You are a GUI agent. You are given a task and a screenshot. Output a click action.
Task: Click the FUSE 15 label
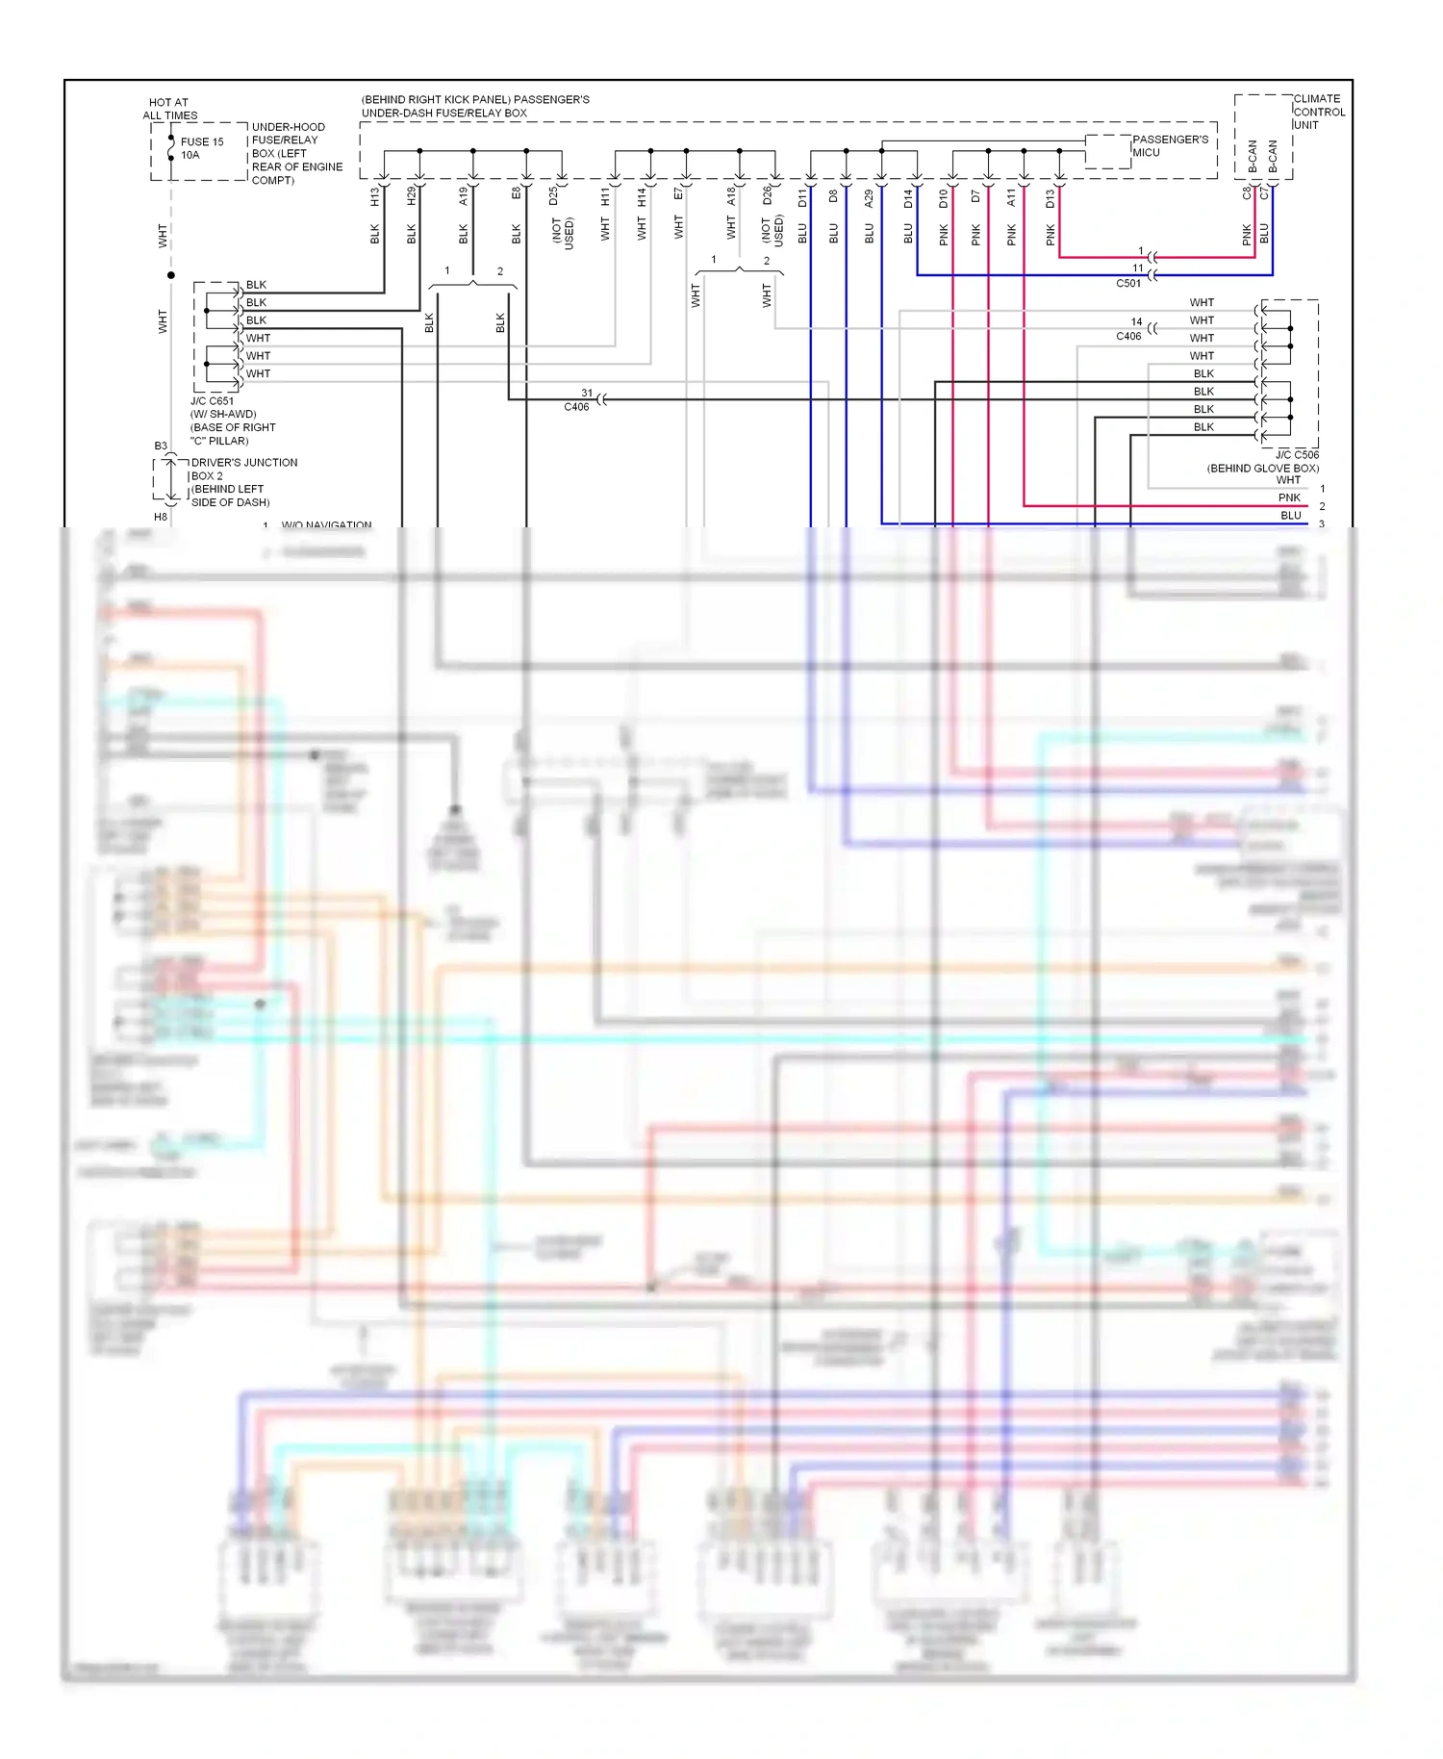[202, 141]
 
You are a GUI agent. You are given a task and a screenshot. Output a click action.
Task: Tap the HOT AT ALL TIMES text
[169, 109]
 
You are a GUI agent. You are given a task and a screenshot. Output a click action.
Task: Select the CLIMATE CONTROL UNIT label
[1318, 112]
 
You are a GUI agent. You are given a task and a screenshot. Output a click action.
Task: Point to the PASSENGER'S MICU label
[1170, 145]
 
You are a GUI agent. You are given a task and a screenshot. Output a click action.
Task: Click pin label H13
[375, 196]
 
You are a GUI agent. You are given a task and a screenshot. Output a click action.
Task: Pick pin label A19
[464, 196]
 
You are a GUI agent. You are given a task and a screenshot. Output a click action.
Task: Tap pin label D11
[802, 198]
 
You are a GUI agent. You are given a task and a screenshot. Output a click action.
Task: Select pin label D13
[1050, 198]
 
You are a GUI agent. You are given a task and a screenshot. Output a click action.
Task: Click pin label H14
[642, 197]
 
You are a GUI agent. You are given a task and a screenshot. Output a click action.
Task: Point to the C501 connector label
[1128, 284]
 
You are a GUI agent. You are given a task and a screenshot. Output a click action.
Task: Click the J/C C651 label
[213, 401]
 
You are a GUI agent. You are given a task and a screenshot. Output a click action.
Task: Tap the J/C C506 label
[1297, 455]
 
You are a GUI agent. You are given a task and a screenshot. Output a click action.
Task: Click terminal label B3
[161, 446]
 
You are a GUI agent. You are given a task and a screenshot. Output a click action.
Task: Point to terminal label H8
[161, 517]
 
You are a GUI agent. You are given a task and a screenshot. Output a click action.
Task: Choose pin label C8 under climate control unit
[1247, 192]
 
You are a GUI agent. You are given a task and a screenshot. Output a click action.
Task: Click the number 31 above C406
[587, 393]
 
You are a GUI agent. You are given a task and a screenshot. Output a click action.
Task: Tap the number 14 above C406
[1136, 322]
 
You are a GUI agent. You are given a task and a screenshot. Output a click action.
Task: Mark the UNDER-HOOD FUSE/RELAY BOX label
[296, 153]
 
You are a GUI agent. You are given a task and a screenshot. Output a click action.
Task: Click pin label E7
[678, 194]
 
